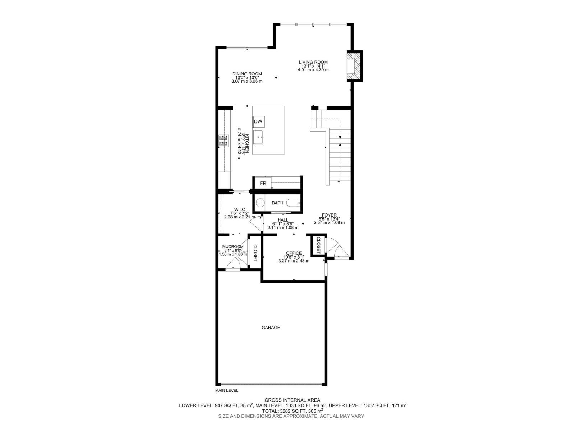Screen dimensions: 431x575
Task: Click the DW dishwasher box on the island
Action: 258,122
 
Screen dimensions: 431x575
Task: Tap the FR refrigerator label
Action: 263,183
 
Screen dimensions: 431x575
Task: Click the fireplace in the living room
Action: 353,66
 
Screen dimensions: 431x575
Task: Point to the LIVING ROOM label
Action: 313,62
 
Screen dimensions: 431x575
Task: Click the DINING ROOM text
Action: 247,74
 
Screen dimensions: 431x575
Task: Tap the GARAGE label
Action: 271,328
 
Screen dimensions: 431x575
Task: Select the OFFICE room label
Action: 294,253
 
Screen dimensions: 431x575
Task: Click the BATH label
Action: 277,203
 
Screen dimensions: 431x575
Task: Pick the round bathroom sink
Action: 260,203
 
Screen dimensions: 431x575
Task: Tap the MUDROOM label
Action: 233,247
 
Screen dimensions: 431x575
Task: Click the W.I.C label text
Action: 239,209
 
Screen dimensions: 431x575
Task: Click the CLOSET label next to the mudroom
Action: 255,253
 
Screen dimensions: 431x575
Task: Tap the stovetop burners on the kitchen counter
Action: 224,140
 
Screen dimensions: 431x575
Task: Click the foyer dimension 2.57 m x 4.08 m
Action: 329,222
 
